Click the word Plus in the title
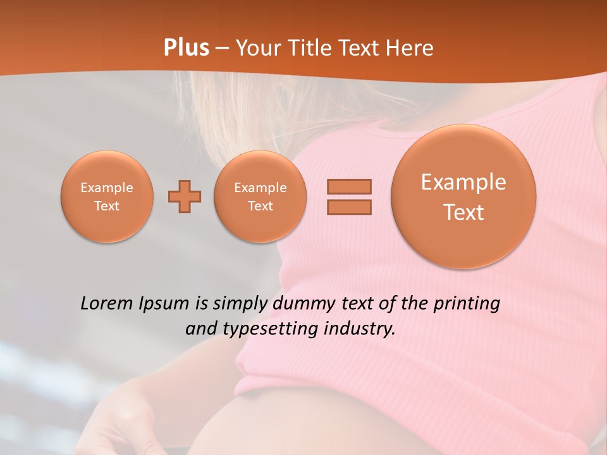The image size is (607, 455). tap(186, 48)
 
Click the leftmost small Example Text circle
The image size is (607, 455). tap(107, 197)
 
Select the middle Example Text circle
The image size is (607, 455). tap(260, 197)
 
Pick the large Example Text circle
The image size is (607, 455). tap(463, 197)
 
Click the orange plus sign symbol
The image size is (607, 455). tap(185, 197)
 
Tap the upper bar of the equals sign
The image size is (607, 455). tap(349, 186)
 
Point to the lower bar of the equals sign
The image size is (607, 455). tap(349, 207)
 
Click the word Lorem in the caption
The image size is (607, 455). tap(107, 303)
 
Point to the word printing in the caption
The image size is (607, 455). tap(466, 304)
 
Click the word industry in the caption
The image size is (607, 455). tap(359, 329)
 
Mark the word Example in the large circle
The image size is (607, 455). tap(463, 182)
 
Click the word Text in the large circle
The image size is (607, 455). tap(463, 212)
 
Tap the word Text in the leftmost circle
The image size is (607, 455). tap(107, 206)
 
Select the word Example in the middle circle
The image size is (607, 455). tap(260, 188)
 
